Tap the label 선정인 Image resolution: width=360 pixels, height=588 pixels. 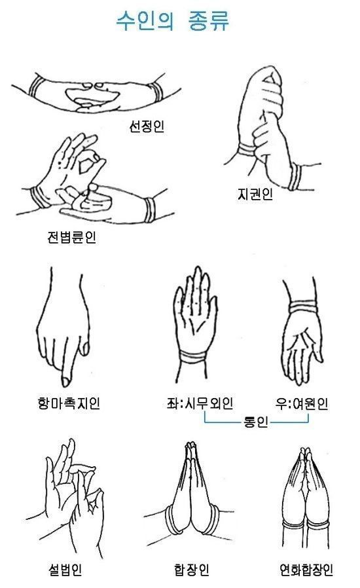(146, 126)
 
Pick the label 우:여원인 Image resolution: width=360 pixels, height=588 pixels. (302, 402)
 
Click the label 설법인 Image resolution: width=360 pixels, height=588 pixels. (64, 570)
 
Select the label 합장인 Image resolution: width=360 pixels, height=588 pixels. (192, 570)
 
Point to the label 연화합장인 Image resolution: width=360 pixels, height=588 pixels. (305, 570)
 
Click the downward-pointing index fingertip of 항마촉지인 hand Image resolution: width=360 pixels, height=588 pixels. (66, 380)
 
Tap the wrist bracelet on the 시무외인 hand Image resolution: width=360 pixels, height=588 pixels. (194, 358)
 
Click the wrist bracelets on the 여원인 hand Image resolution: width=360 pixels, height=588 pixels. (302, 306)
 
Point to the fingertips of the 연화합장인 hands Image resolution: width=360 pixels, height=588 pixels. (305, 452)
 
